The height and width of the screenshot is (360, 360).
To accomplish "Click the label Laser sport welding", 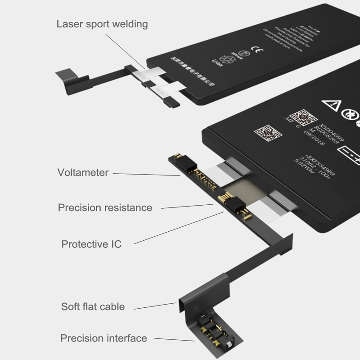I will [x=102, y=24].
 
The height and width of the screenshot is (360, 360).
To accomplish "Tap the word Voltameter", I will [x=83, y=172].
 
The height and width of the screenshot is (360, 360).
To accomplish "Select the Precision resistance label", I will [x=105, y=208].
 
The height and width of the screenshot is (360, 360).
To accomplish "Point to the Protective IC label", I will [x=91, y=244].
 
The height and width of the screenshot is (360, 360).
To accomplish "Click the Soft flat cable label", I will [x=93, y=307].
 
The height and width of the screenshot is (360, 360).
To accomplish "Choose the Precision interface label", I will [x=103, y=338].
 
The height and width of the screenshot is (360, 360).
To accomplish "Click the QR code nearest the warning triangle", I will [x=300, y=117].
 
